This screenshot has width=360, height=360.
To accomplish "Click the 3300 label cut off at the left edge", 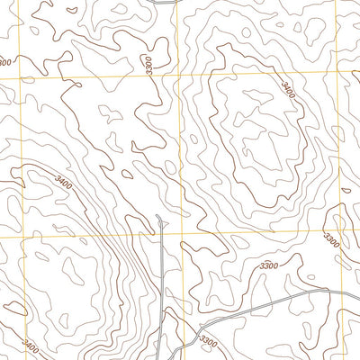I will [x=5, y=62].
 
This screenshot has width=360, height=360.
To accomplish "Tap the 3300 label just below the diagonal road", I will [x=209, y=341].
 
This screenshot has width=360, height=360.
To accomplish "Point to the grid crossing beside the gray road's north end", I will [x=181, y=234].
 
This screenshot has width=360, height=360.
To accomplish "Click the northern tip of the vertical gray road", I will [x=159, y=216].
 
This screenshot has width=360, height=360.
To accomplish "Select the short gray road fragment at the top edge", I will [x=162, y=3].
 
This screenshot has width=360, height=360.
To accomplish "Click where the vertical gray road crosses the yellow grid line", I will [x=159, y=235].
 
